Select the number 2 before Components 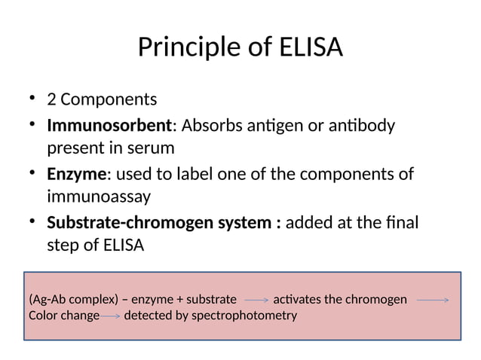tap(52, 99)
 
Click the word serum tap(152, 147)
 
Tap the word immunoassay tap(99, 197)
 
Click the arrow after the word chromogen tap(433, 300)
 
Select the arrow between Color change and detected tap(111, 316)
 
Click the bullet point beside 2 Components tap(32, 99)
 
